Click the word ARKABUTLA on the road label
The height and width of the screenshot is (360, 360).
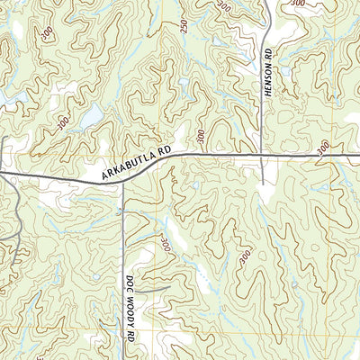click(130, 167)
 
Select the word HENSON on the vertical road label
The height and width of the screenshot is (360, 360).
click(267, 85)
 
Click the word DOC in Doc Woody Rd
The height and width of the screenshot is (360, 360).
click(130, 285)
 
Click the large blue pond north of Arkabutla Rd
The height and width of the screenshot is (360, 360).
click(90, 116)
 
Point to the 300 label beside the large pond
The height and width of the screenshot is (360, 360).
click(62, 124)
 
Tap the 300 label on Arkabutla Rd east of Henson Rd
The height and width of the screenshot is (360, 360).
click(323, 147)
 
